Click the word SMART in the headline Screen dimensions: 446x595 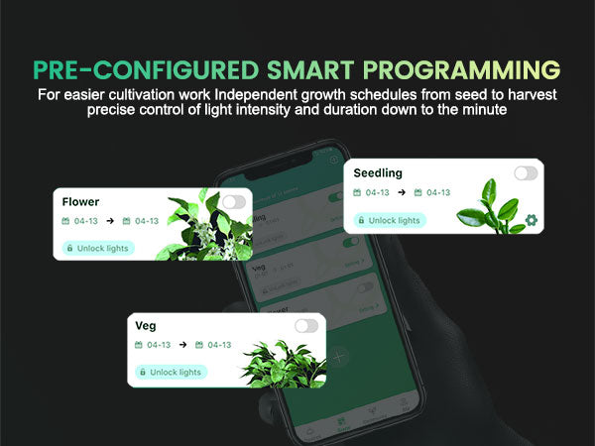(x=313, y=70)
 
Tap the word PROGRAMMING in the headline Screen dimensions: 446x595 (x=461, y=70)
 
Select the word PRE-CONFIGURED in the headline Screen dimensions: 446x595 (x=147, y=70)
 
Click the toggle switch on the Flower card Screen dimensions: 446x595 (x=233, y=202)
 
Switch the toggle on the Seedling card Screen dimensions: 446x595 (x=526, y=173)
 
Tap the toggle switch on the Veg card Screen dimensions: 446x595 (x=306, y=326)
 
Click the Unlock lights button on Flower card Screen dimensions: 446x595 (x=97, y=248)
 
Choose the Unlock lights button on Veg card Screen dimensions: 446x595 (x=171, y=372)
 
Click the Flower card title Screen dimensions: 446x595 (x=80, y=202)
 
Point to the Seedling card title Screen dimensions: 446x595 (x=379, y=173)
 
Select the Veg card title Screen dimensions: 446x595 (x=146, y=326)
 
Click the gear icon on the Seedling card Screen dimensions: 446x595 (x=531, y=220)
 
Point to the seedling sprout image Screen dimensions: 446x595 (x=499, y=206)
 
